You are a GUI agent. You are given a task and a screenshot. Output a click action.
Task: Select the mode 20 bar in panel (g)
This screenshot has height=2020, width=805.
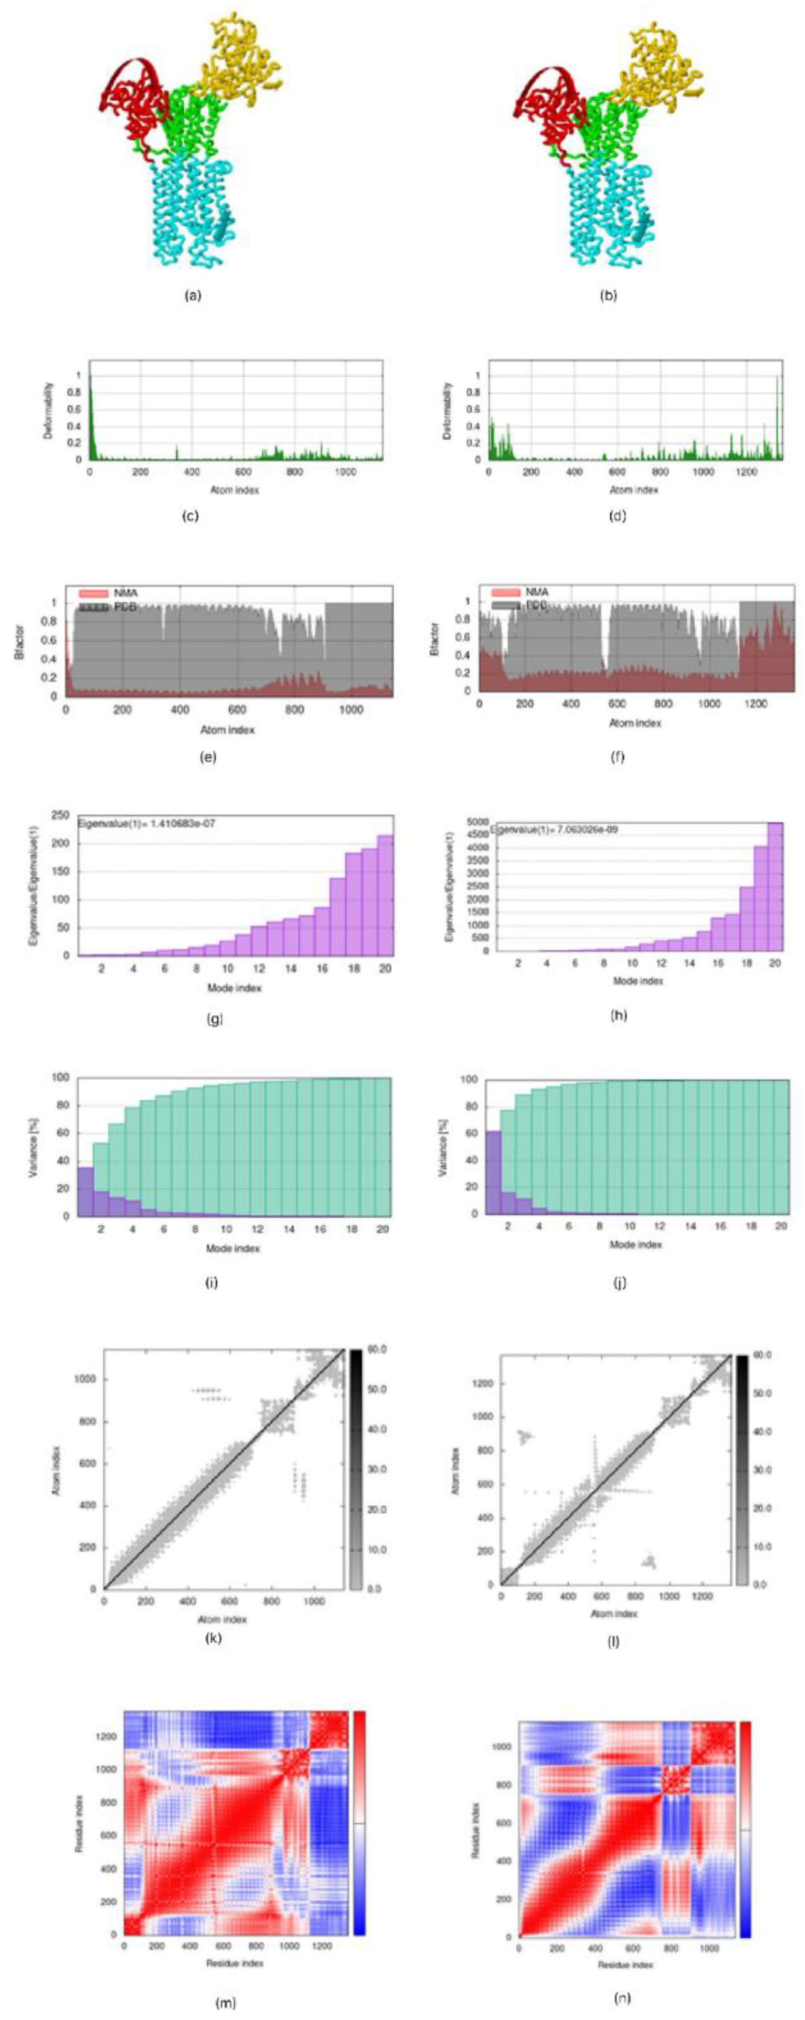385,895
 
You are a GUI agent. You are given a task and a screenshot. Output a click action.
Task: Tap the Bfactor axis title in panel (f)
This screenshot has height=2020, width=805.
435,639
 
